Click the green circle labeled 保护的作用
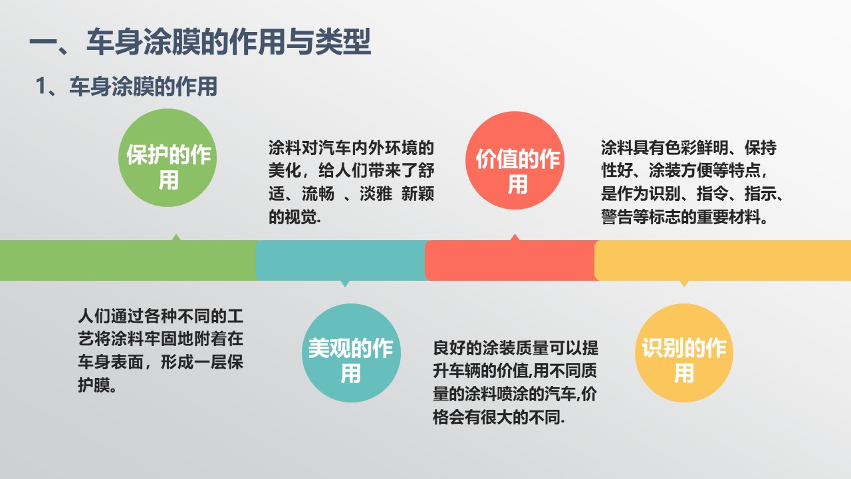168,158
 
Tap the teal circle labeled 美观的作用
351,353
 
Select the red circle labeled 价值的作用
515,160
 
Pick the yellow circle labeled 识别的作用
684,353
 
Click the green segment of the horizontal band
128,260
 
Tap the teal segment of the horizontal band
341,260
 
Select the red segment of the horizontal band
511,260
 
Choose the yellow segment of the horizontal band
723,260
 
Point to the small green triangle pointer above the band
176,238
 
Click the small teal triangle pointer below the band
345,283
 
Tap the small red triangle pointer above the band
515,238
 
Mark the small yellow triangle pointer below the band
684,283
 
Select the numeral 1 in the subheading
41,86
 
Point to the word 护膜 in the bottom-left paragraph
94,385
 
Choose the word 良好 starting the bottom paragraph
449,348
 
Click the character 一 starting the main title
43,42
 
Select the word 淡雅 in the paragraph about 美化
376,194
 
